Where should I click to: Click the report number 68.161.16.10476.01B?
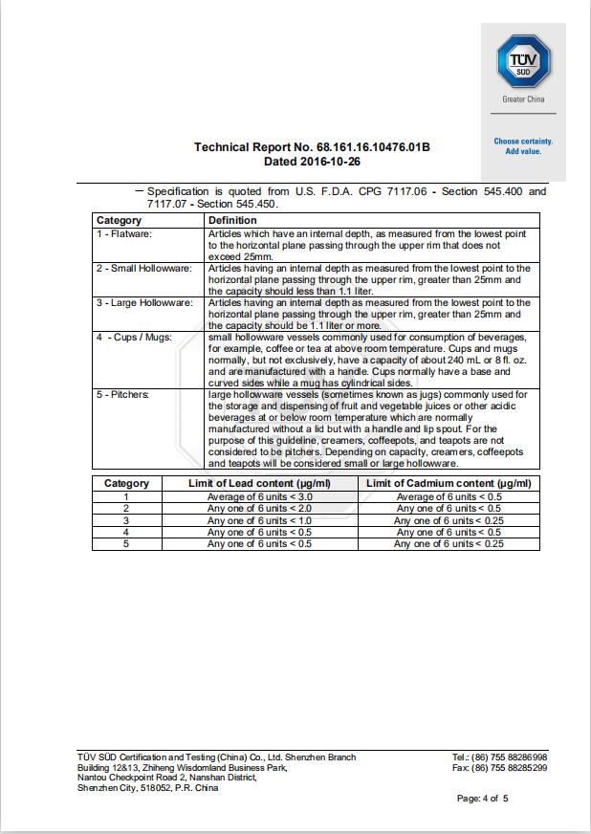[374, 147]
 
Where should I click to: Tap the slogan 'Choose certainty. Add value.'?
[523, 146]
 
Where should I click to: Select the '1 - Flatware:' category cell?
[124, 232]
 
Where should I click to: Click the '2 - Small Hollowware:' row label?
[144, 269]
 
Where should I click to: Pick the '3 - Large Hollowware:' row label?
[144, 303]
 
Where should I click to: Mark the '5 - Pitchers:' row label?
[123, 394]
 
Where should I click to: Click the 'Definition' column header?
[232, 221]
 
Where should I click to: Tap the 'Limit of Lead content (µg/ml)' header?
[259, 484]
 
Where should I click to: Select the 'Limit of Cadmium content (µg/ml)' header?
[449, 484]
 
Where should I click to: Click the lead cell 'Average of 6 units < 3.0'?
[260, 496]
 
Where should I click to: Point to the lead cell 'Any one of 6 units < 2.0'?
[260, 509]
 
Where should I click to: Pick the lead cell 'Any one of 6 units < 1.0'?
[260, 520]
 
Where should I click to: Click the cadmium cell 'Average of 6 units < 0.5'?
[449, 496]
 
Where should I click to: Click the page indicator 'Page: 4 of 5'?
[482, 799]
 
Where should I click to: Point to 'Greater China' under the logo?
[523, 99]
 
